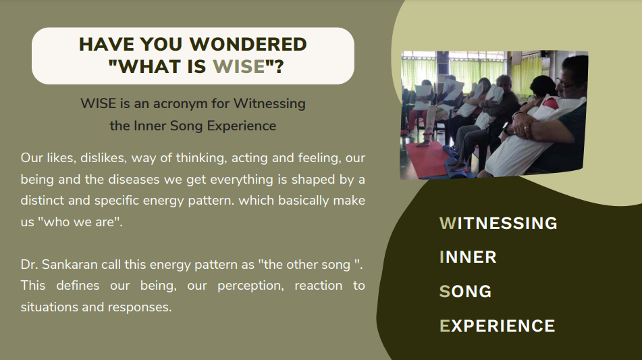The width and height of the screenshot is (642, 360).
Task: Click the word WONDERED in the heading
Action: (x=248, y=44)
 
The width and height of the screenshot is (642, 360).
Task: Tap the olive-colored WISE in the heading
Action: (x=239, y=66)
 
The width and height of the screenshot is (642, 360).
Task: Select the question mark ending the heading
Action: (x=279, y=66)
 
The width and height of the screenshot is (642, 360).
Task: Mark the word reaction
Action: (x=318, y=286)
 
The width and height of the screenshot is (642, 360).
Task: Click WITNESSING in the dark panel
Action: (x=498, y=223)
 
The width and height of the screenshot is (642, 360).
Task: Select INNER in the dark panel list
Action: (x=468, y=257)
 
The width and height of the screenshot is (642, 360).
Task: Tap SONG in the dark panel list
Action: (x=466, y=292)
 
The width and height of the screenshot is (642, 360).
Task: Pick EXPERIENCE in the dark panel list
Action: (x=498, y=326)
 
